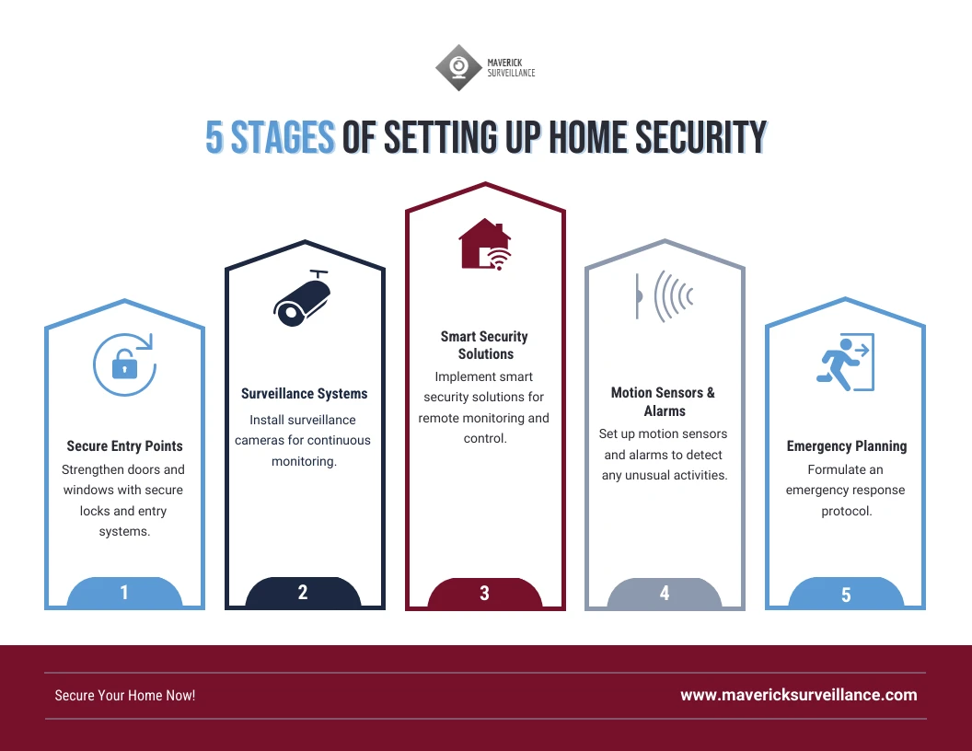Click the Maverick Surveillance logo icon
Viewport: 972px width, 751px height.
(457, 66)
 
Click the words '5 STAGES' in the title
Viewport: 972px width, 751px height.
(269, 138)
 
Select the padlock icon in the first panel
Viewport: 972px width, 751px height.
(123, 364)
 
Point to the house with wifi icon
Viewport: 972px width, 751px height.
(484, 245)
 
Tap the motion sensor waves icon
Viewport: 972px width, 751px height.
(664, 295)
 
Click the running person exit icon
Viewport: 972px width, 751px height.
(844, 363)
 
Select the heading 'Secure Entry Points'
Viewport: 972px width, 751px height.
(124, 446)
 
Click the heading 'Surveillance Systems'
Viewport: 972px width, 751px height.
(304, 394)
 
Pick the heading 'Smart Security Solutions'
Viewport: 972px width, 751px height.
(485, 345)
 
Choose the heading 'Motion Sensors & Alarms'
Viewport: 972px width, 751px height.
(664, 401)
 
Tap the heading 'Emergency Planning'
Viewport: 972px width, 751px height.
(846, 446)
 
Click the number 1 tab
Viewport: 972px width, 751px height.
(124, 593)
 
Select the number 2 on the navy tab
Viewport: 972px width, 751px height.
(303, 593)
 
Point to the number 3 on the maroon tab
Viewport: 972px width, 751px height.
(485, 594)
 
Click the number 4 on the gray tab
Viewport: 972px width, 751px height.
(665, 593)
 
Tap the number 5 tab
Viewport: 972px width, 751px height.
(846, 595)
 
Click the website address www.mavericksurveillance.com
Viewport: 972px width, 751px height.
(798, 695)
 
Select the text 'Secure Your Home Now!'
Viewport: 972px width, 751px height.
(125, 696)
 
